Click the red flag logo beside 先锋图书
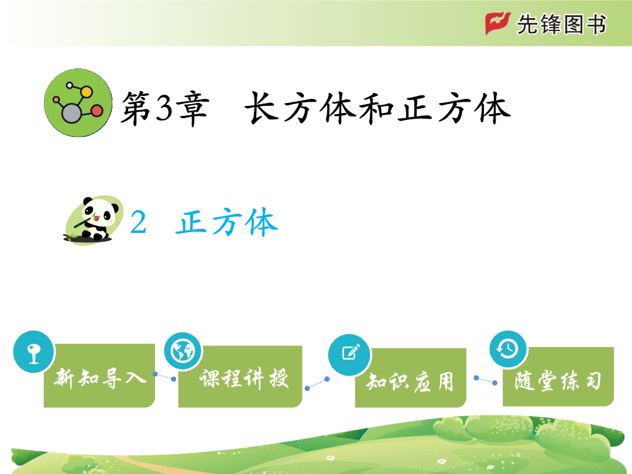pyautogui.click(x=498, y=23)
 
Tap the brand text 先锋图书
pyautogui.click(x=561, y=24)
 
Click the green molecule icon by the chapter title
pyautogui.click(x=78, y=103)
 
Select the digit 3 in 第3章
pyautogui.click(x=164, y=108)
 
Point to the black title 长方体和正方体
pyautogui.click(x=377, y=108)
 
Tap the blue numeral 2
pyautogui.click(x=138, y=222)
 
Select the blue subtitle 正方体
pyautogui.click(x=227, y=222)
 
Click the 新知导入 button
pyautogui.click(x=99, y=375)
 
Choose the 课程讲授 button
pyautogui.click(x=241, y=376)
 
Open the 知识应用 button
pyautogui.click(x=410, y=377)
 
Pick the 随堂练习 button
pyautogui.click(x=558, y=376)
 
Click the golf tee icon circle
pyautogui.click(x=34, y=352)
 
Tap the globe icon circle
pyautogui.click(x=183, y=351)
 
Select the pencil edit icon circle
pyautogui.click(x=350, y=354)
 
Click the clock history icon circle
pyautogui.click(x=509, y=349)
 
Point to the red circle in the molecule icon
pyautogui.click(x=97, y=111)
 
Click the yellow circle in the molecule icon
pyautogui.click(x=86, y=92)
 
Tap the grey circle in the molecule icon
pyautogui.click(x=72, y=114)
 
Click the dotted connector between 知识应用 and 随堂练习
pyautogui.click(x=485, y=380)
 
